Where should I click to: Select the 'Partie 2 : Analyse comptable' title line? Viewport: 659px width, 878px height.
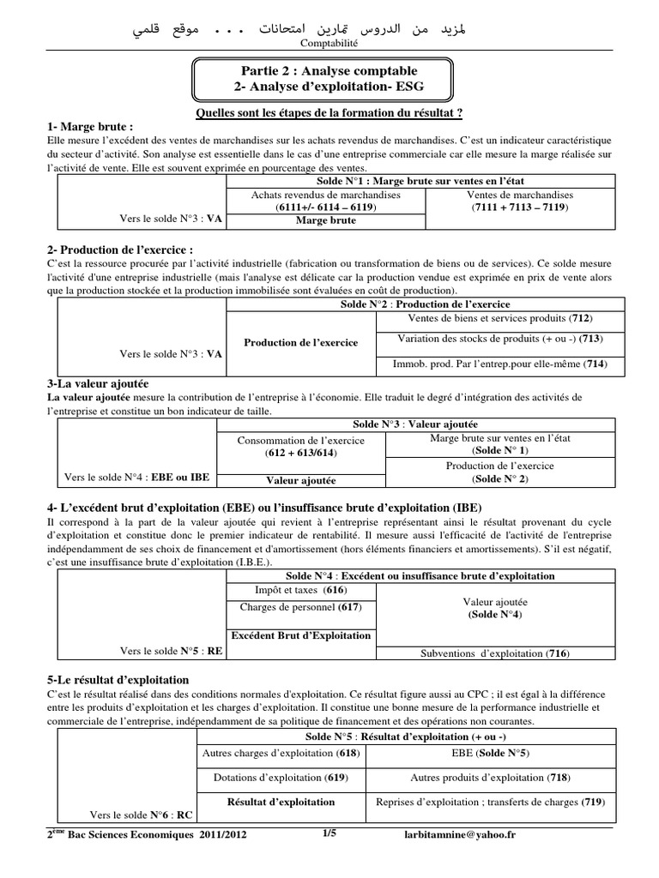(x=329, y=69)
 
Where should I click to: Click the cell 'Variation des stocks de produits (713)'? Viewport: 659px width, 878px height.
(x=493, y=340)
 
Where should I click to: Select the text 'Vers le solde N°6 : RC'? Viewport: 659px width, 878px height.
(x=143, y=815)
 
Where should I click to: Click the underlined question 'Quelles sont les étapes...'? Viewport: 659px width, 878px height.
(x=329, y=112)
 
